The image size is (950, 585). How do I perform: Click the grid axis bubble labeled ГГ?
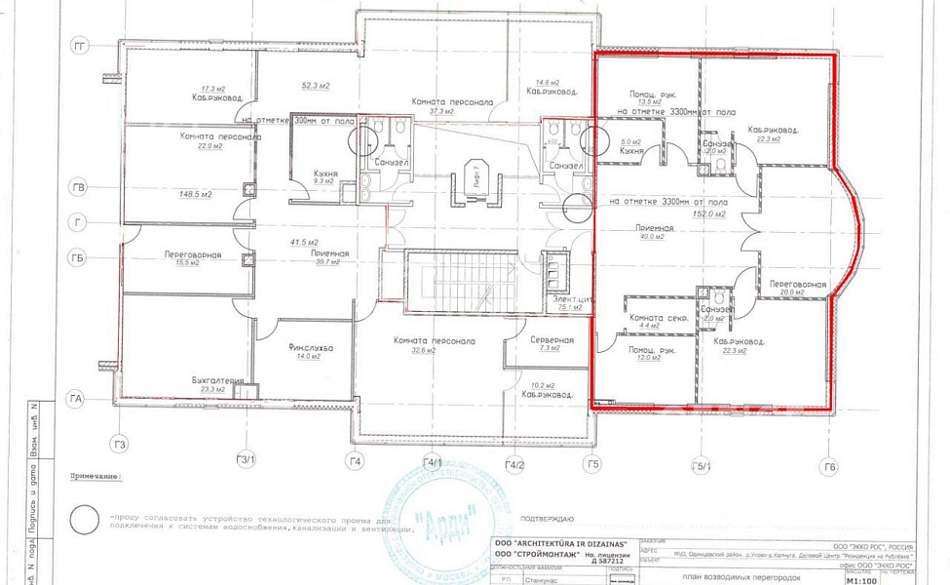click(x=80, y=46)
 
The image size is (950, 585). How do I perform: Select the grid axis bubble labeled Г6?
click(x=828, y=468)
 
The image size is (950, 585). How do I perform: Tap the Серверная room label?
click(x=551, y=340)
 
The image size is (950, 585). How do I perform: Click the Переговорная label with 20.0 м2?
click(x=798, y=284)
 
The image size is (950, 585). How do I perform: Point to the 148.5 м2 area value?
click(x=194, y=194)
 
